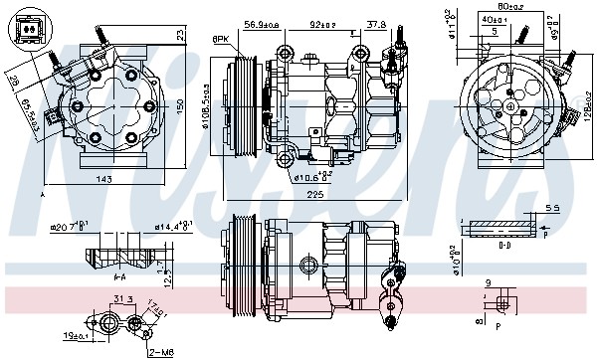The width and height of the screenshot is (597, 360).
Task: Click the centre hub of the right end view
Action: [x=507, y=101]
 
